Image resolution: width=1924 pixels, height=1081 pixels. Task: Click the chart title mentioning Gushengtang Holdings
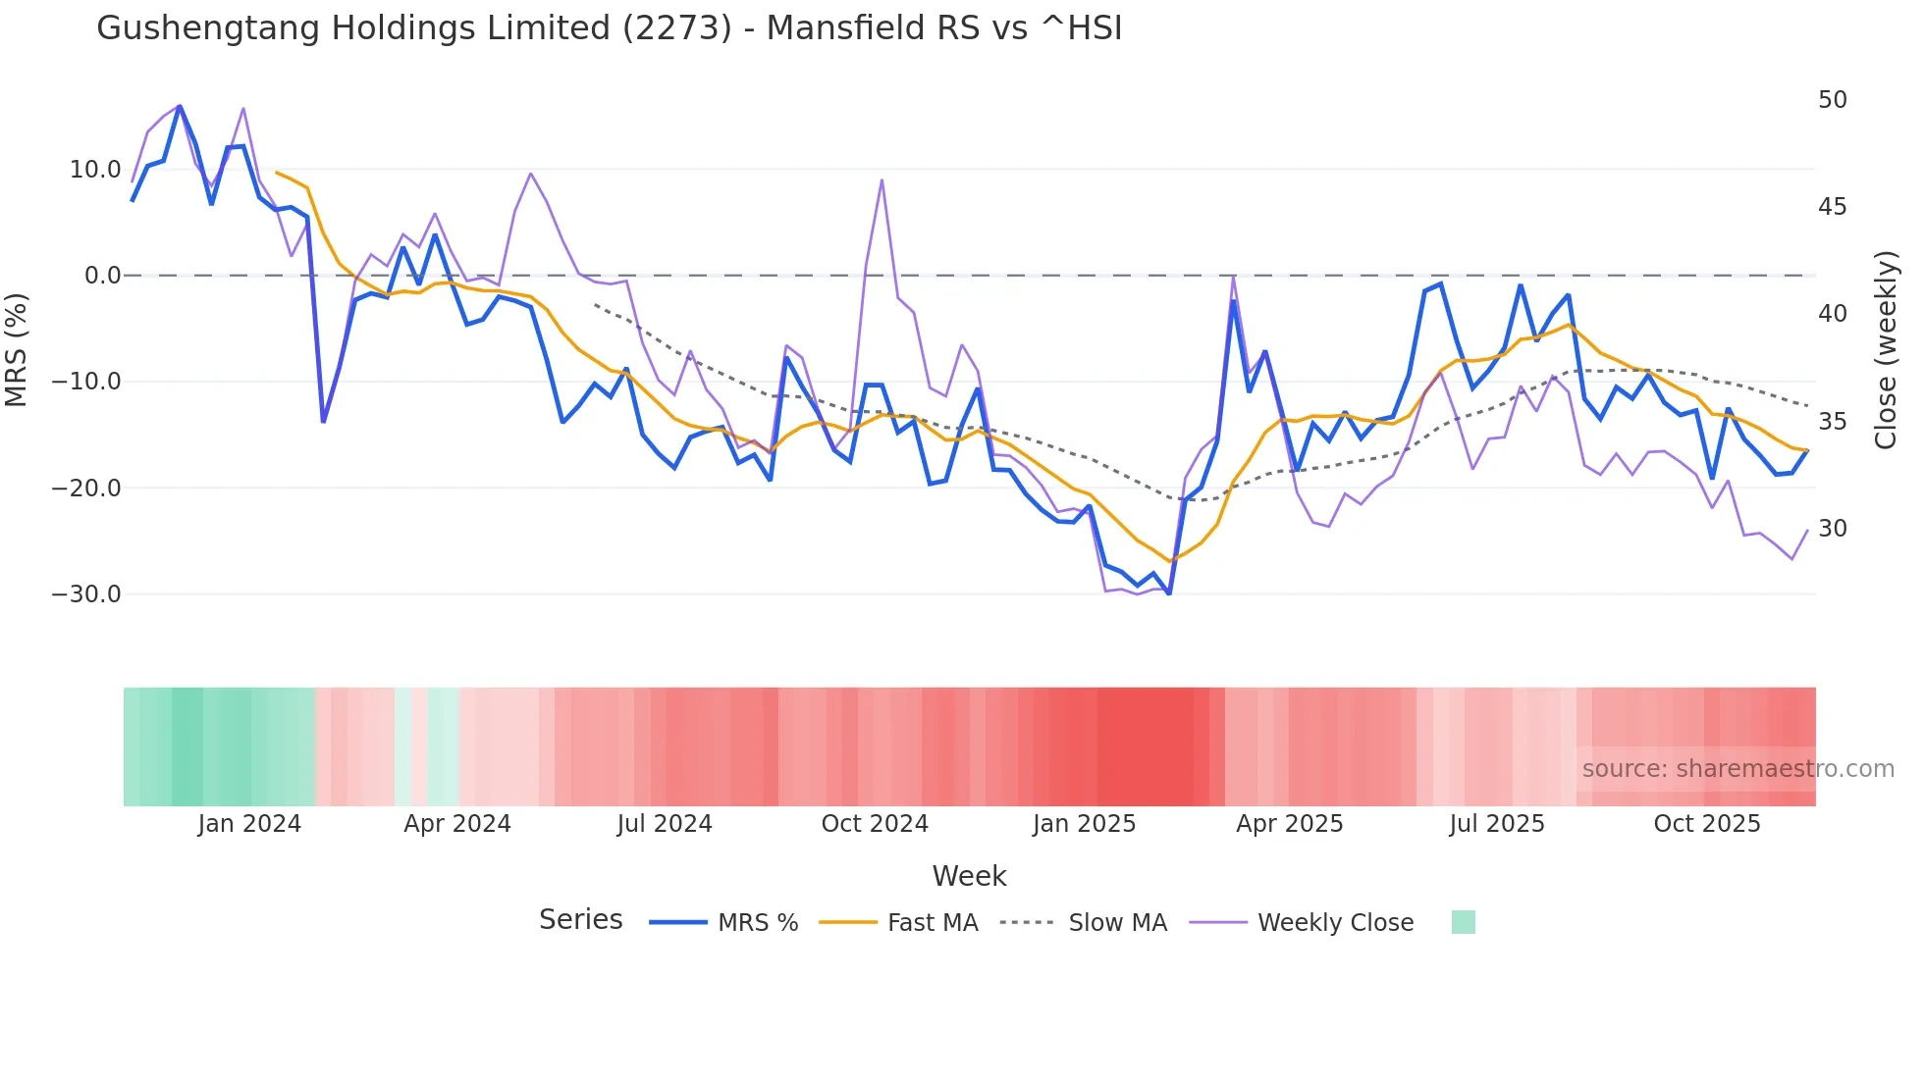[609, 27]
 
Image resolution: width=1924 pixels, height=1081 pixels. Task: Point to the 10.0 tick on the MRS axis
[94, 170]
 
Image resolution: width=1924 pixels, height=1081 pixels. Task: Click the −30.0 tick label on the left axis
[86, 594]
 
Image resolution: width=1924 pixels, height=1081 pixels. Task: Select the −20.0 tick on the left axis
[86, 489]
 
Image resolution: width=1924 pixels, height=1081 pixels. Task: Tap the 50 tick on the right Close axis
[1832, 100]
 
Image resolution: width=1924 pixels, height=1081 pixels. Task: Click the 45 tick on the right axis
[1832, 207]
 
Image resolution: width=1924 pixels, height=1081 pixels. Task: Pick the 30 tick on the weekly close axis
[1832, 529]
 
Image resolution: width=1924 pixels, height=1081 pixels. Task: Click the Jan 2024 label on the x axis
[249, 824]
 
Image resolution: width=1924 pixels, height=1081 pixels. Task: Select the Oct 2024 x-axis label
[875, 824]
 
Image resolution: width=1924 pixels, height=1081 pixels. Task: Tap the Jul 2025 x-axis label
[1496, 824]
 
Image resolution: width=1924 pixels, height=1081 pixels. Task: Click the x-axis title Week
[969, 876]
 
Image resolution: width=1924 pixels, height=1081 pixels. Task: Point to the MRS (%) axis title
[17, 350]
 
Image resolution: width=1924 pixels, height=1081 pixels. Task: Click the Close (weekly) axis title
[1885, 350]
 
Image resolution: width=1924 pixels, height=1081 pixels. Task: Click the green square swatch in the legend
[1463, 922]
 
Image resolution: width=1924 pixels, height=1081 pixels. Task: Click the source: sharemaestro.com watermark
[1737, 769]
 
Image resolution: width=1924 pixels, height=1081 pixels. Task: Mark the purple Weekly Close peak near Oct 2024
[882, 180]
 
